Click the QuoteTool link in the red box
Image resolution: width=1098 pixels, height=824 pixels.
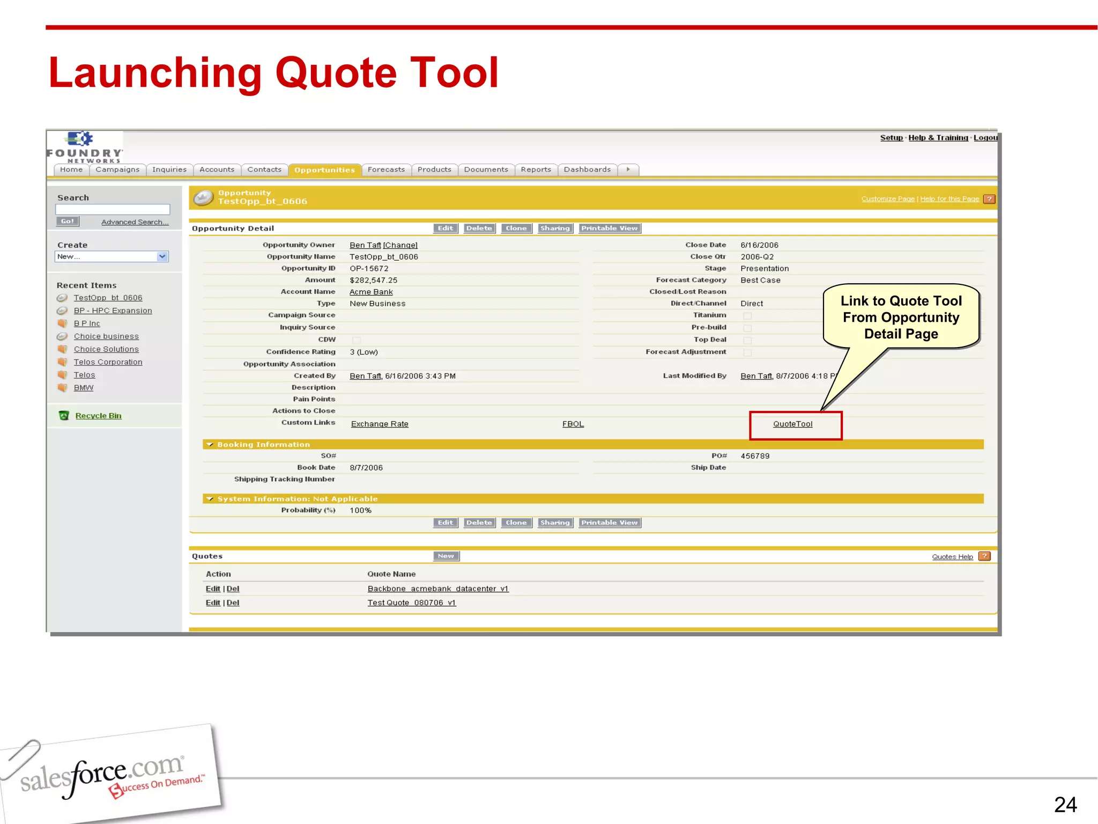[x=792, y=424]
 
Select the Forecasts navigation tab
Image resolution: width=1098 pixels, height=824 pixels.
[x=386, y=170]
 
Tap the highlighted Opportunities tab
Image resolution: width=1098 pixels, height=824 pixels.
[x=324, y=170]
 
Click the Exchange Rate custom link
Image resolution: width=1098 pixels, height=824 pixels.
[x=380, y=424]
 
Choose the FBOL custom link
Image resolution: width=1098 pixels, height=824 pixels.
[x=573, y=424]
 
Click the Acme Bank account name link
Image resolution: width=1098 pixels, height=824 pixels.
[x=371, y=292]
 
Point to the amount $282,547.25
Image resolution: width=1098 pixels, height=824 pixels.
[x=374, y=280]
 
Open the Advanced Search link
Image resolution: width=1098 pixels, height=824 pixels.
[x=135, y=222]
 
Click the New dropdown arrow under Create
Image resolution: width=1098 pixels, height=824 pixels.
[x=162, y=256]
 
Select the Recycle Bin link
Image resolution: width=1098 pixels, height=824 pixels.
[x=98, y=416]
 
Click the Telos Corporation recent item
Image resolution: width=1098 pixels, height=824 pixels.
[x=108, y=362]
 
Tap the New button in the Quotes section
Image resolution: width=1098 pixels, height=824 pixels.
[x=446, y=556]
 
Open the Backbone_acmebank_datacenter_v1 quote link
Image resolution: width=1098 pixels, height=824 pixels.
[x=437, y=589]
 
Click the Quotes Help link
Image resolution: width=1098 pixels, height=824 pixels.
[x=952, y=557]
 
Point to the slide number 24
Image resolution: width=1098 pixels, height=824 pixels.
[x=1065, y=805]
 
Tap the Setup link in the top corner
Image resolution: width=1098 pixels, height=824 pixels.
[x=891, y=138]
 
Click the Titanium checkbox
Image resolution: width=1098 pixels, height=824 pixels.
[x=747, y=316]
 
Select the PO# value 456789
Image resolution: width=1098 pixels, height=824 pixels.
[x=755, y=456]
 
